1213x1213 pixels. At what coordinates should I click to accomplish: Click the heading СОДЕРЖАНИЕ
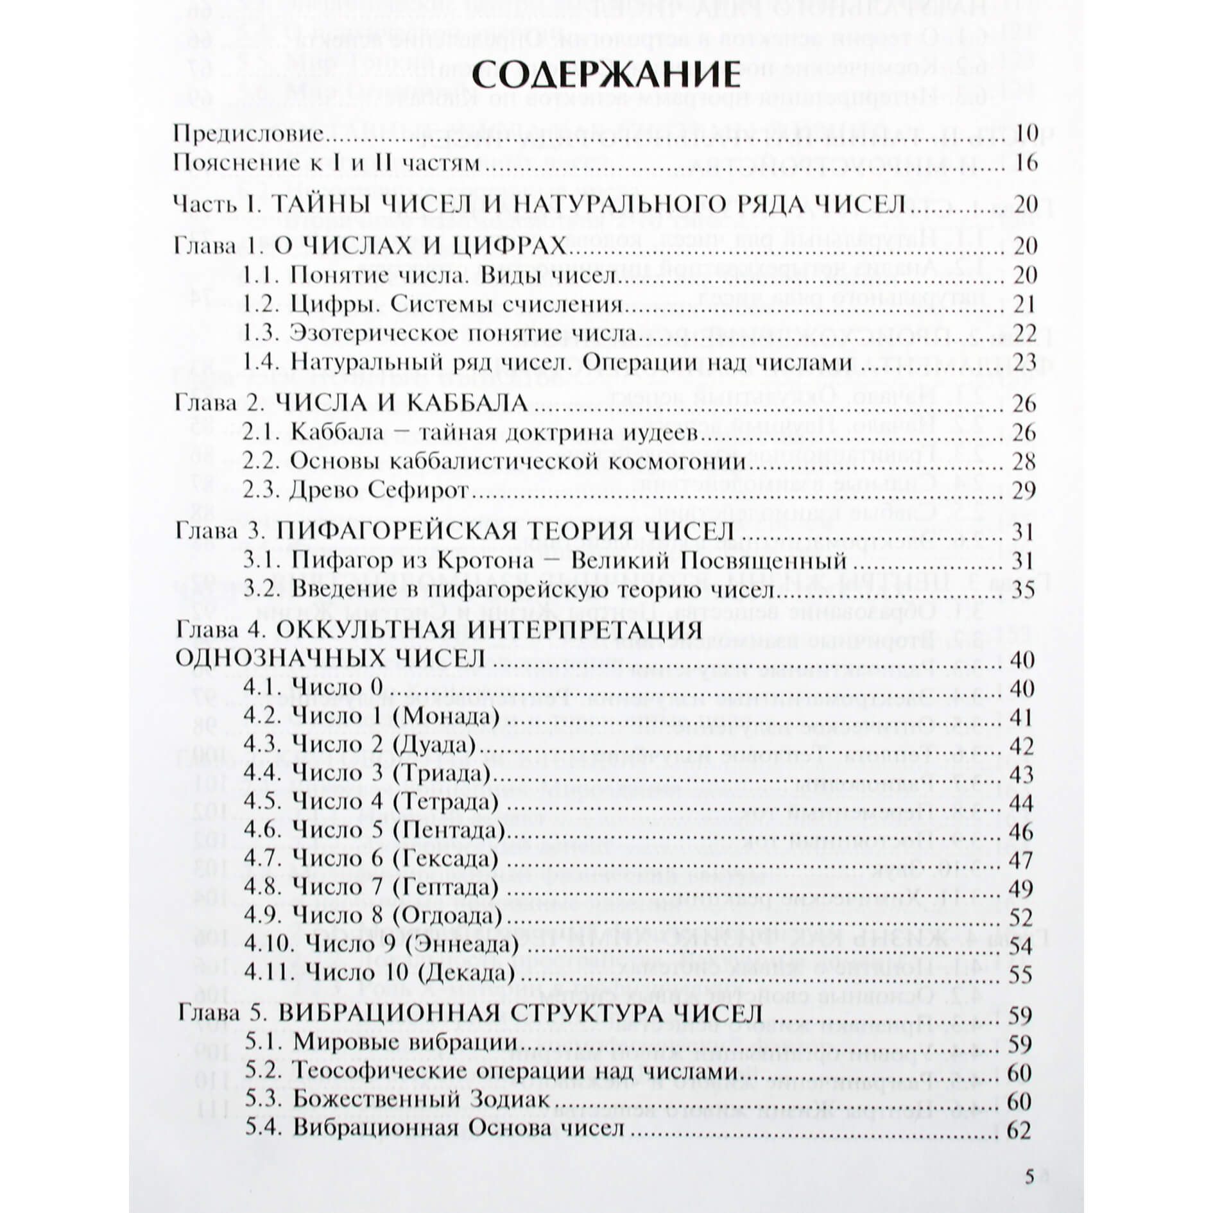click(x=606, y=75)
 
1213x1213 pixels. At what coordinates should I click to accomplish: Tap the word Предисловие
click(x=248, y=134)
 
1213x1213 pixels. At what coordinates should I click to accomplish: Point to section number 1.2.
click(x=261, y=304)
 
